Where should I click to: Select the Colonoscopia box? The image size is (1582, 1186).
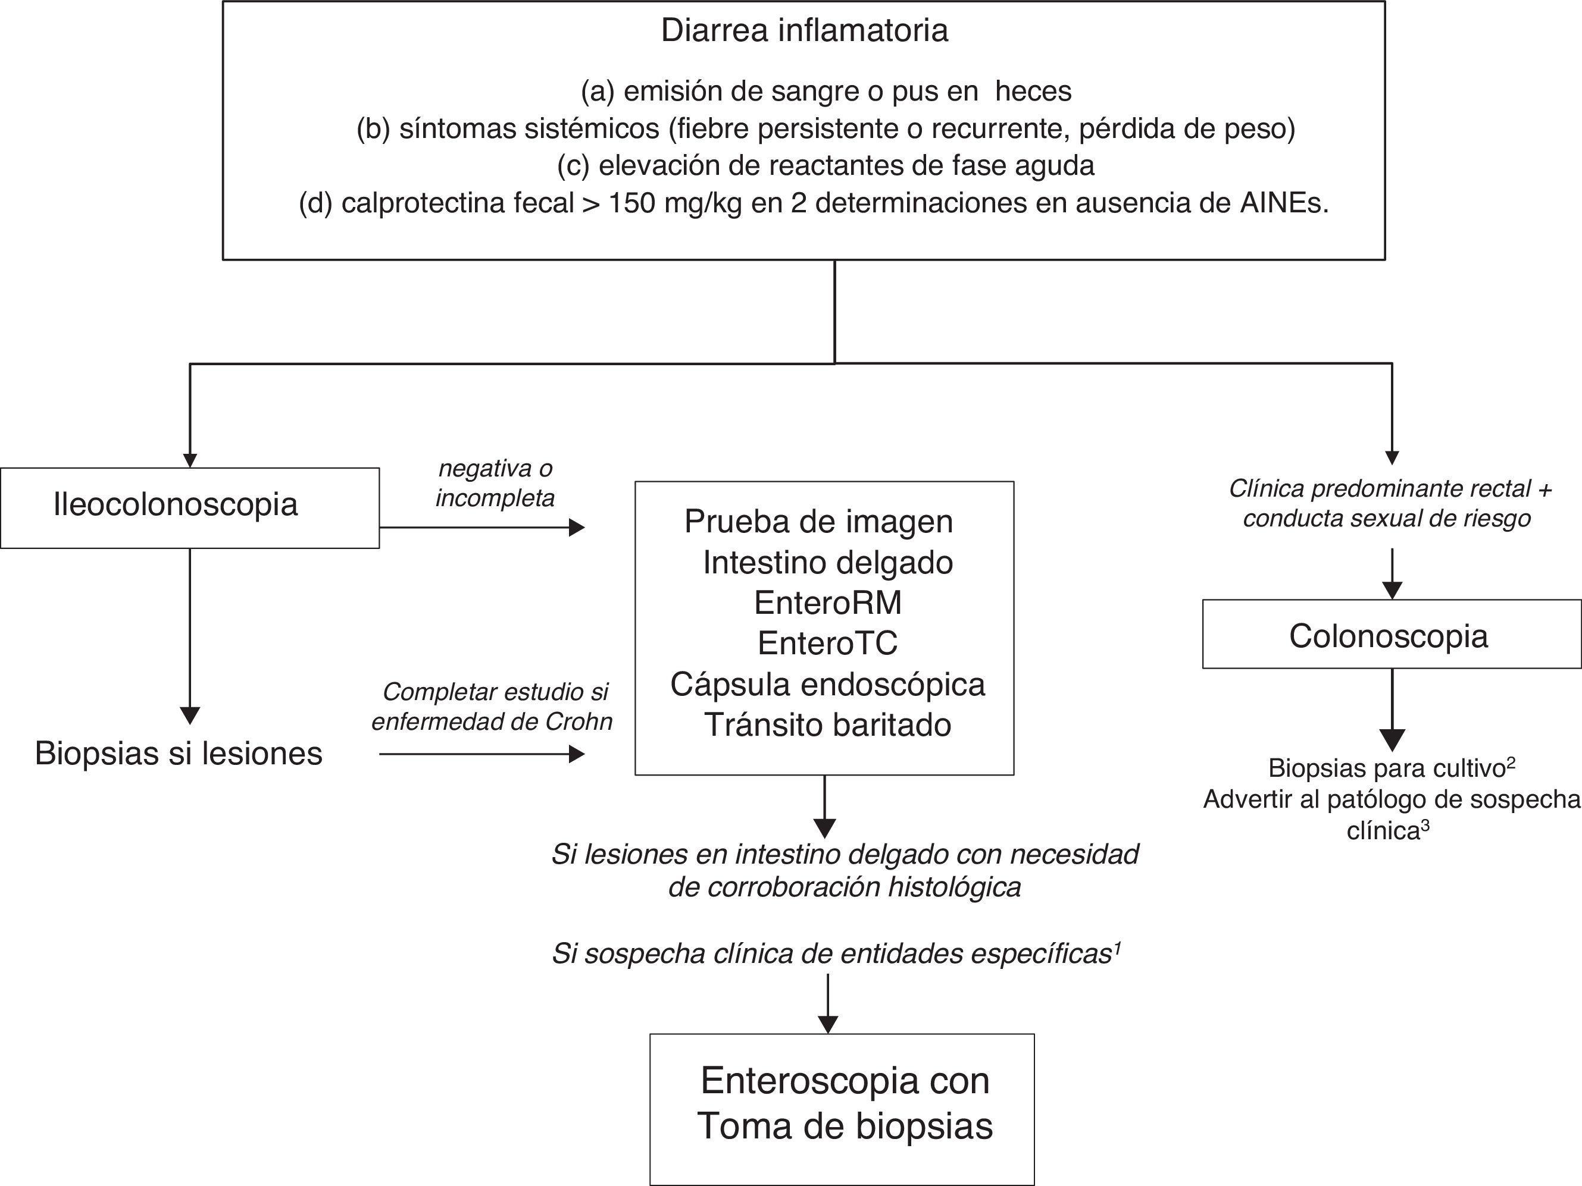1391,634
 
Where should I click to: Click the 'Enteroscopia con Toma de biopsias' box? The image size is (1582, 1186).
842,1109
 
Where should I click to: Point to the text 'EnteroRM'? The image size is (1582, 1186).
827,603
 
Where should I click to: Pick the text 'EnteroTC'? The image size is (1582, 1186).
827,644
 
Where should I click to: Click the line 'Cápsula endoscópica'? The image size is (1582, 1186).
827,684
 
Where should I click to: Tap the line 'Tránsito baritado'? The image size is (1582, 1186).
827,725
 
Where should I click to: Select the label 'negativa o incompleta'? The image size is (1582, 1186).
495,484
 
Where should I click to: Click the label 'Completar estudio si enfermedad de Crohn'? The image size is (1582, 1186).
492,707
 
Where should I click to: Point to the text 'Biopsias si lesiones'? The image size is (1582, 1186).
179,754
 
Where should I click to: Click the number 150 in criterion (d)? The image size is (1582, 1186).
632,204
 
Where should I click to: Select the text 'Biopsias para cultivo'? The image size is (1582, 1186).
1387,768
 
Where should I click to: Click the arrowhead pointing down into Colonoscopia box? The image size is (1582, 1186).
1392,591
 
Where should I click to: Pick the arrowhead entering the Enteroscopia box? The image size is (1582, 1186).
827,1024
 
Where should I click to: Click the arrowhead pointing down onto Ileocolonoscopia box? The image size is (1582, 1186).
189,460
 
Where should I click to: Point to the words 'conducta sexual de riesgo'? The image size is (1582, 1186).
1387,518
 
